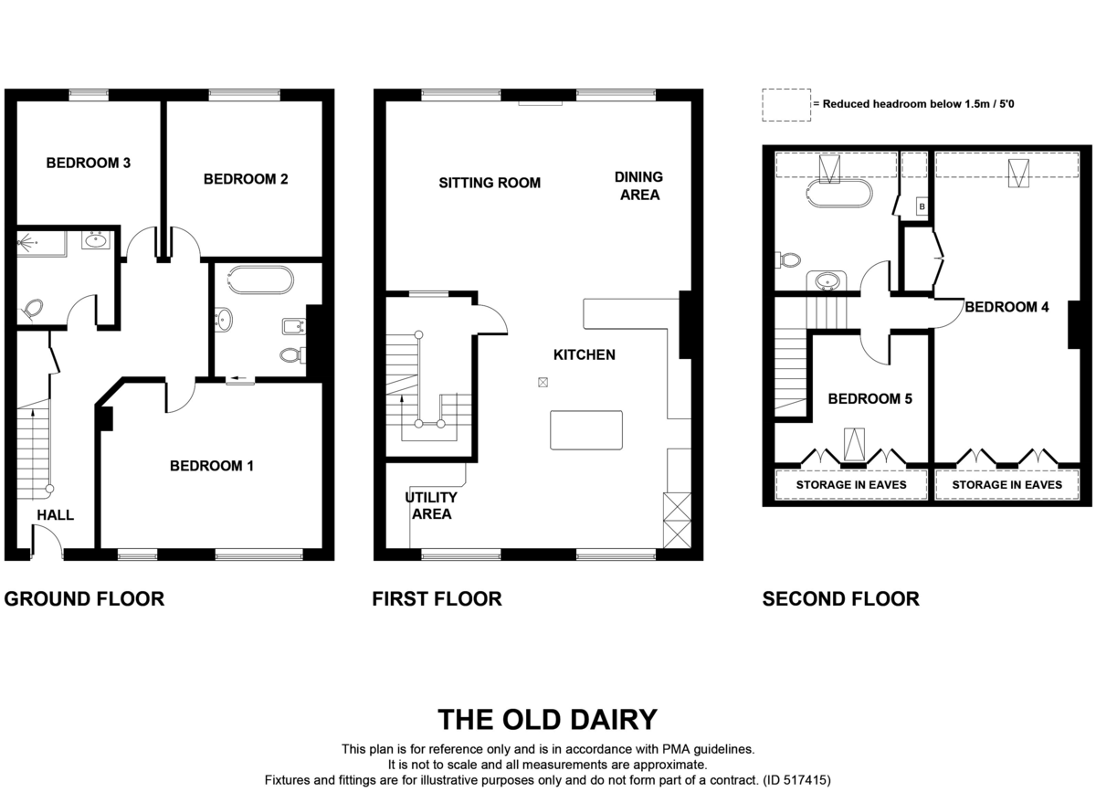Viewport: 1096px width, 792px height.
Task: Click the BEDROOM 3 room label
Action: pos(89,163)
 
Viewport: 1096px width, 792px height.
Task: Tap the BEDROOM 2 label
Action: pos(246,179)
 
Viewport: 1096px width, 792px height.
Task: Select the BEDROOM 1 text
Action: pos(212,466)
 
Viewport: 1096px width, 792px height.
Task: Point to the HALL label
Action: pos(56,515)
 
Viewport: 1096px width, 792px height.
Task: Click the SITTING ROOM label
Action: pos(490,183)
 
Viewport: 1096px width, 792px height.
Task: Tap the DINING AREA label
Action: pos(639,185)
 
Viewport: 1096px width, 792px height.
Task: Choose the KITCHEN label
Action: pos(585,354)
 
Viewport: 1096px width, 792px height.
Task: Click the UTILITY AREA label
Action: pos(431,506)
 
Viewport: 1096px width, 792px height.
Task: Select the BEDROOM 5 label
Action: pos(869,398)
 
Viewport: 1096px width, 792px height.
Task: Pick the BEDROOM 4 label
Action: pos(1006,307)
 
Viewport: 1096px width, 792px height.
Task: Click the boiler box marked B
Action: pos(922,206)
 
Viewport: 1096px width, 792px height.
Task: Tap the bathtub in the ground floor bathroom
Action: pos(261,280)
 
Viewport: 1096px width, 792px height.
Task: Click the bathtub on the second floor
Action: pos(838,194)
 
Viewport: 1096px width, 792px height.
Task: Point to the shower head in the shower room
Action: pos(23,242)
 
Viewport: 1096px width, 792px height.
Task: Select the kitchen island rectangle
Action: pos(586,429)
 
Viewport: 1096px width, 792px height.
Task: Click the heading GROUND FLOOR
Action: pos(84,598)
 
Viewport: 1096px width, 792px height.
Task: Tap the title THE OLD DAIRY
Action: pos(547,720)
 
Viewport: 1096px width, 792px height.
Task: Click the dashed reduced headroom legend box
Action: pos(786,105)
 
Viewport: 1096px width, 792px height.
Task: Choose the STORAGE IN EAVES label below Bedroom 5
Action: pos(851,484)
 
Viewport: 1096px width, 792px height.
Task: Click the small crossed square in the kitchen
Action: pos(543,382)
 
